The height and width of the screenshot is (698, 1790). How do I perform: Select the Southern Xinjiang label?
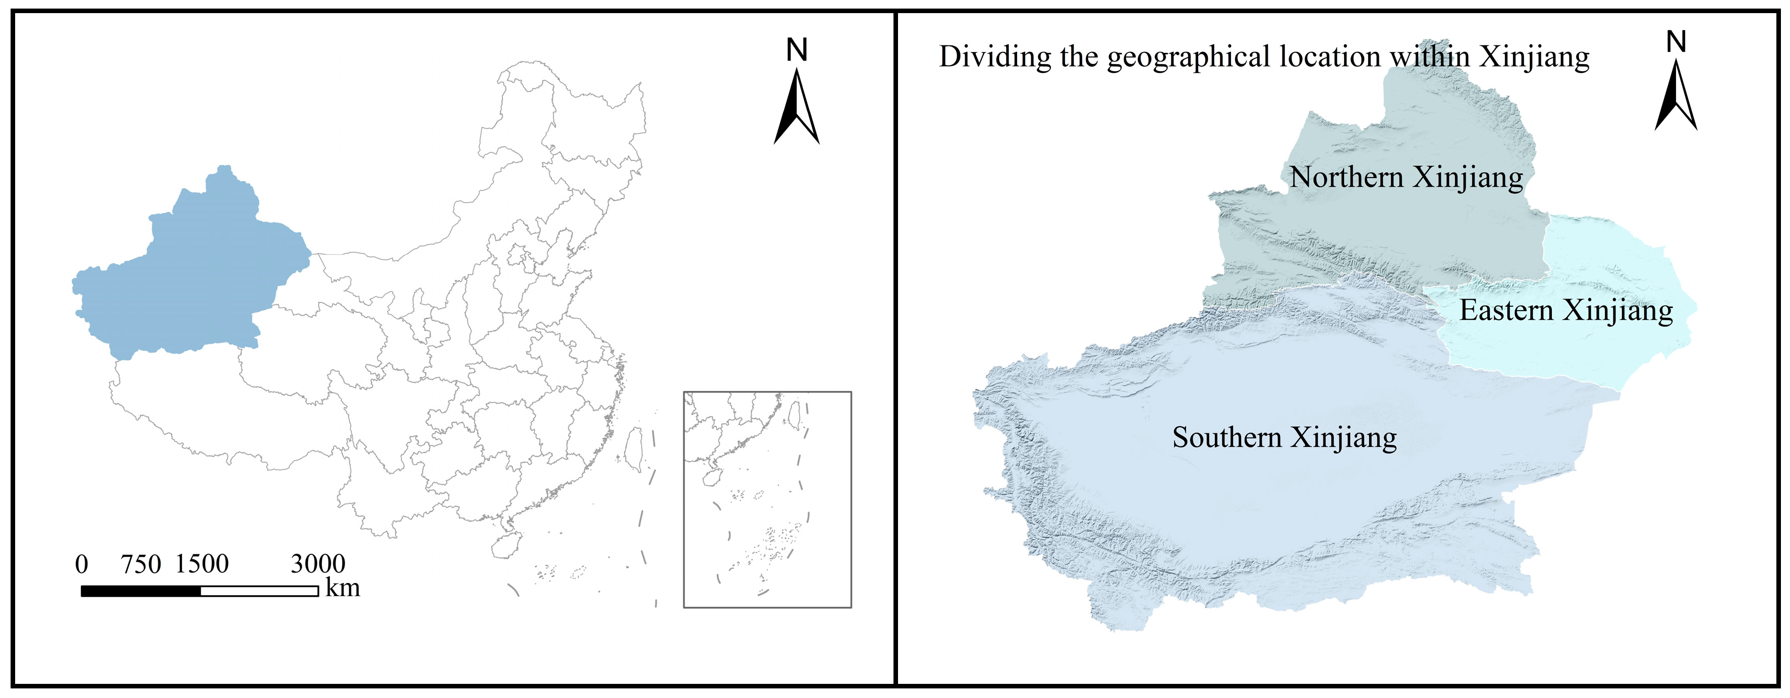1284,438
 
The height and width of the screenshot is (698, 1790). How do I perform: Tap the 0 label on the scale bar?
81,564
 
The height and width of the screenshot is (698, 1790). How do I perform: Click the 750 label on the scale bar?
141,564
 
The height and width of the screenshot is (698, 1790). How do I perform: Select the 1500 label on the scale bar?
201,564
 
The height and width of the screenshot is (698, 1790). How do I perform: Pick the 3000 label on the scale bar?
317,564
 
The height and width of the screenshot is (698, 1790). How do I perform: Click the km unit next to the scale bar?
343,588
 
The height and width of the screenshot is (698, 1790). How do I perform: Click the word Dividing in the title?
995,57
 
